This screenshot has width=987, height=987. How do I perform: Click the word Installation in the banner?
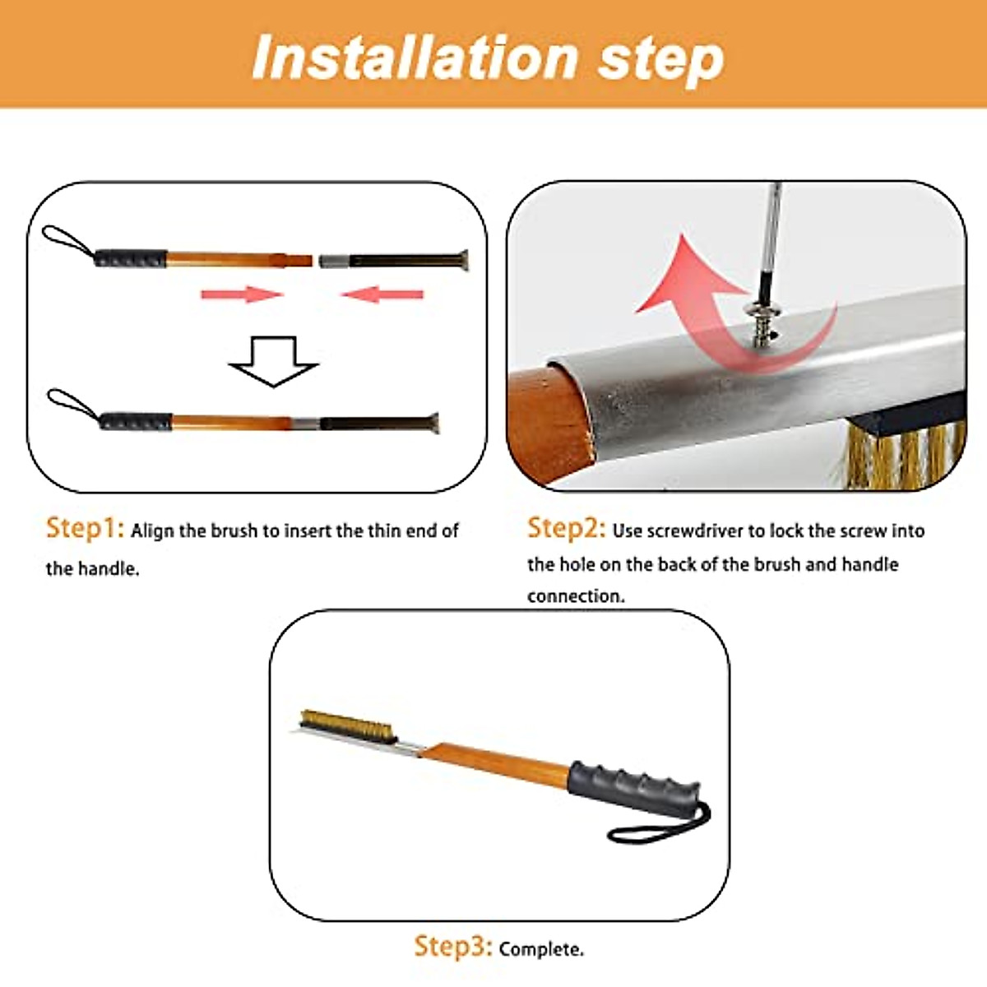coord(414,57)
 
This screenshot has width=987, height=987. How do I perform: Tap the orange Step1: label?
coord(85,529)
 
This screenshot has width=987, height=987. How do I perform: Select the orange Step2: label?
coord(567,529)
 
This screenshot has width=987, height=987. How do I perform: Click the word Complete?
coord(541,950)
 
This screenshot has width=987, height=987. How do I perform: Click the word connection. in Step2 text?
coord(577,596)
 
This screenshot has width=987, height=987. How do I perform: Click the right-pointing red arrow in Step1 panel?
coord(243,294)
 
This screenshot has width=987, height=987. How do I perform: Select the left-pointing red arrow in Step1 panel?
coord(382,294)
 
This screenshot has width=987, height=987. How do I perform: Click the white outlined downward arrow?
coord(274,361)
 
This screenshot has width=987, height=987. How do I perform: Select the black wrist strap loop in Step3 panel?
coord(660,826)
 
